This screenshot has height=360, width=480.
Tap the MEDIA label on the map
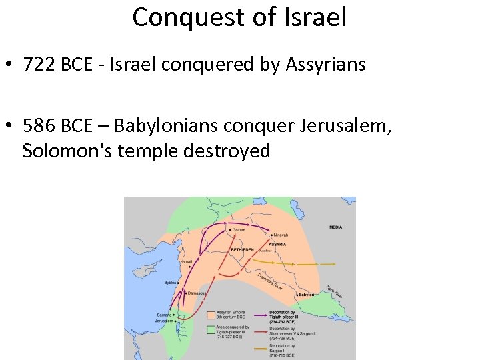point(335,227)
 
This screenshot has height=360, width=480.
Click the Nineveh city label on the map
point(281,235)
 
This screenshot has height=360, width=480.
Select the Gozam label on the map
point(238,230)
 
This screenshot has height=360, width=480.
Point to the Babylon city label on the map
point(306,295)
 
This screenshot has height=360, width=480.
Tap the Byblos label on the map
point(171,283)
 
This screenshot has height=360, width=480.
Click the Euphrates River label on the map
point(271,282)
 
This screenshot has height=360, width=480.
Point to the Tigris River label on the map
point(335,291)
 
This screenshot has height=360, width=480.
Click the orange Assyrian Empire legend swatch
point(209,313)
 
